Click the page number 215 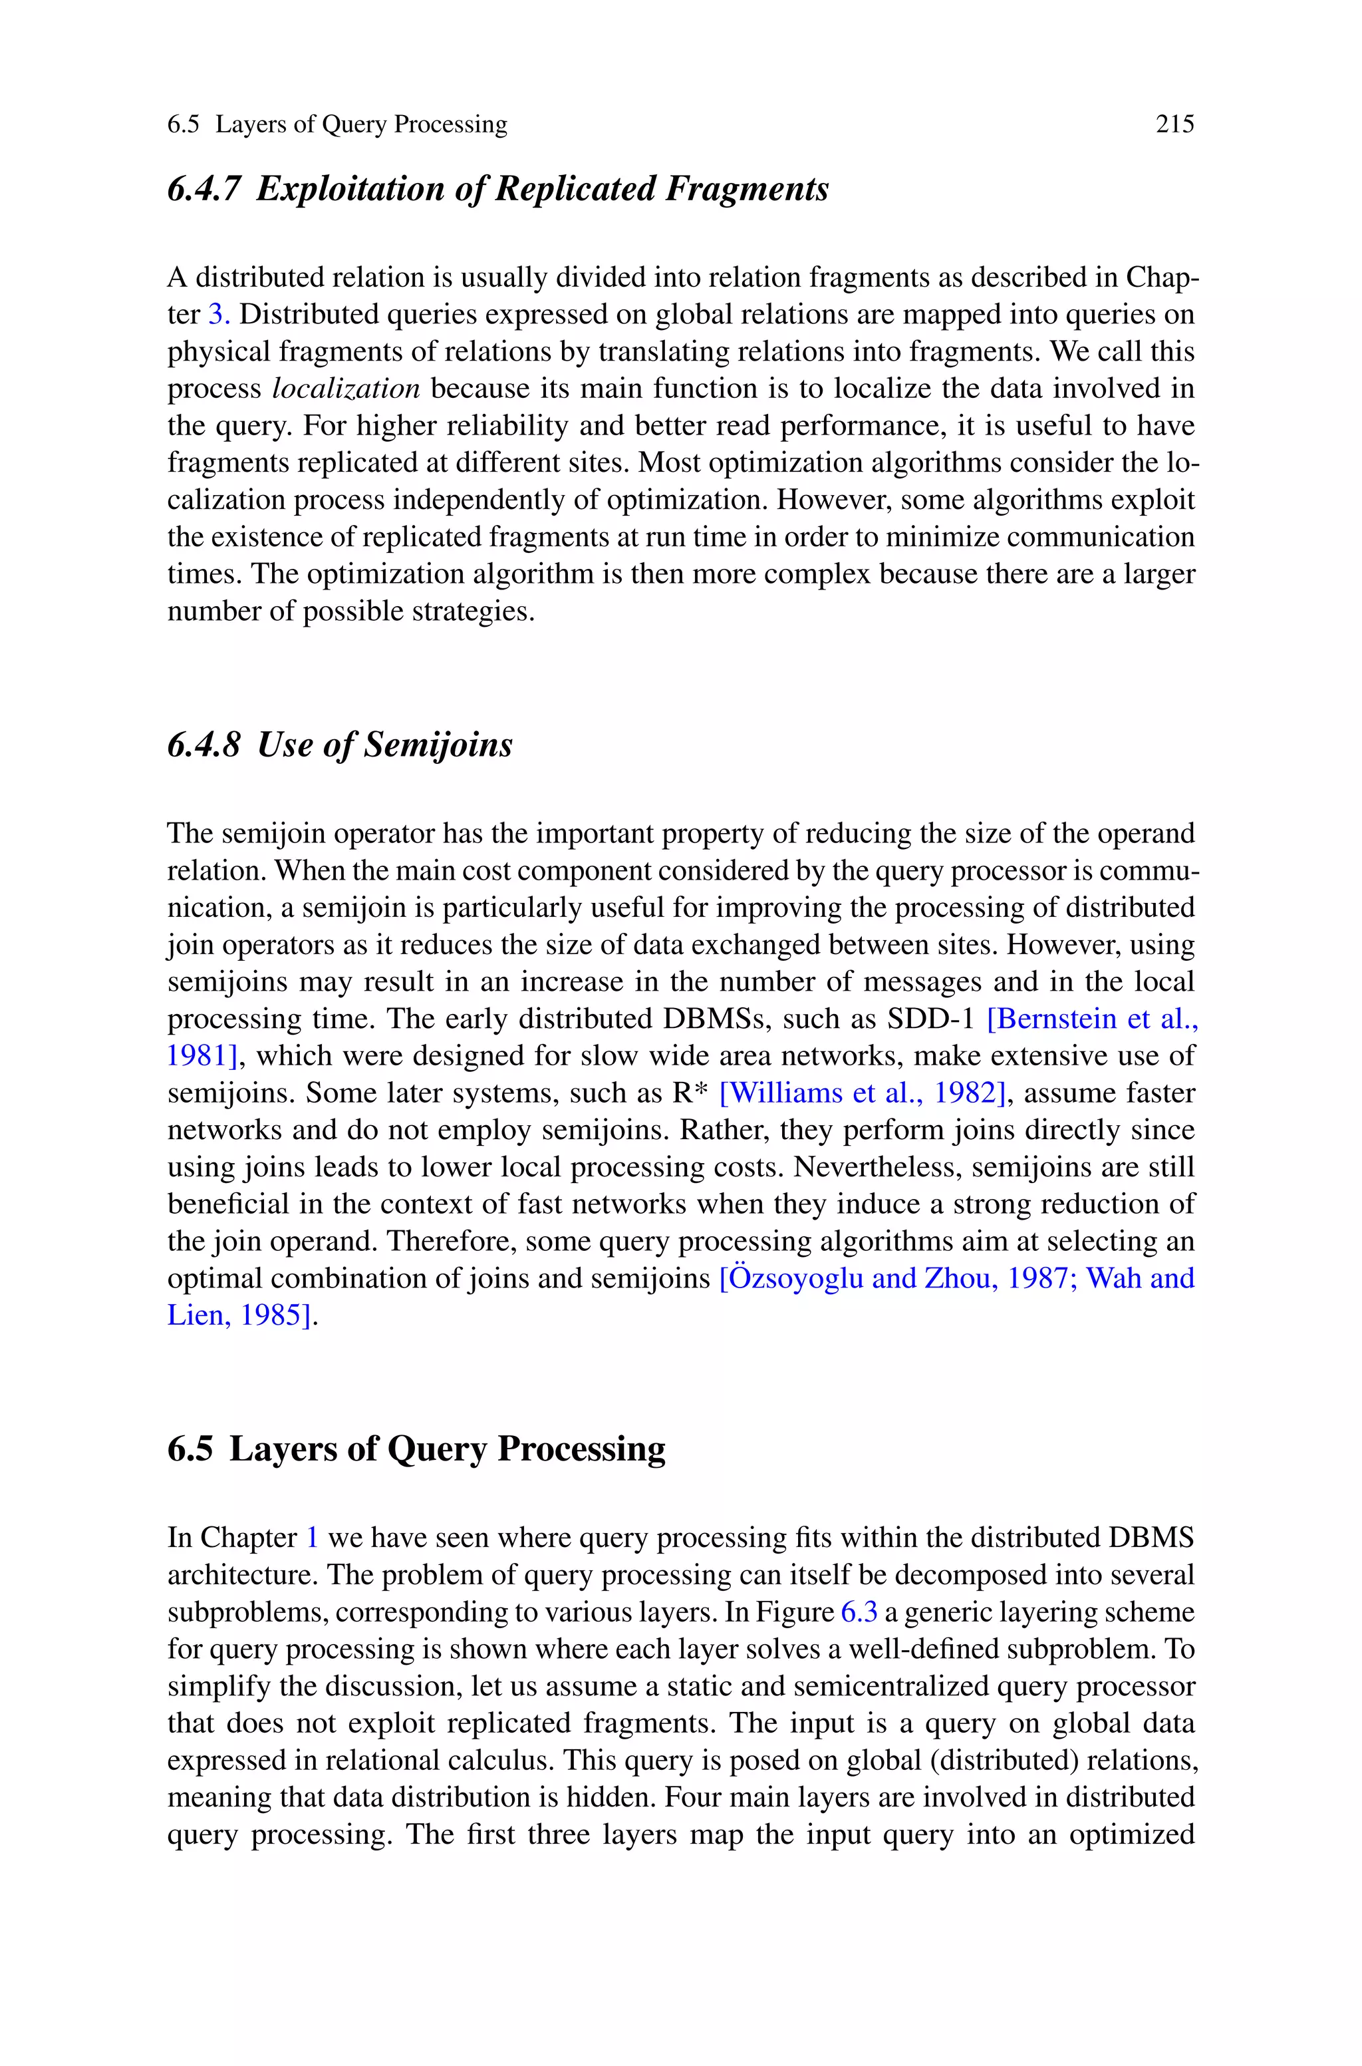coord(1174,124)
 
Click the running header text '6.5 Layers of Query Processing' coord(337,124)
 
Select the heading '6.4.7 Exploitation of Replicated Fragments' coord(497,188)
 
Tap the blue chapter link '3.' coord(219,315)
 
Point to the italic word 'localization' coord(346,389)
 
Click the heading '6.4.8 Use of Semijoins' coord(340,745)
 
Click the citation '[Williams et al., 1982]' coord(863,1093)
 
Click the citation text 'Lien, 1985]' coord(239,1315)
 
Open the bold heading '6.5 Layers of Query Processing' coord(416,1449)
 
